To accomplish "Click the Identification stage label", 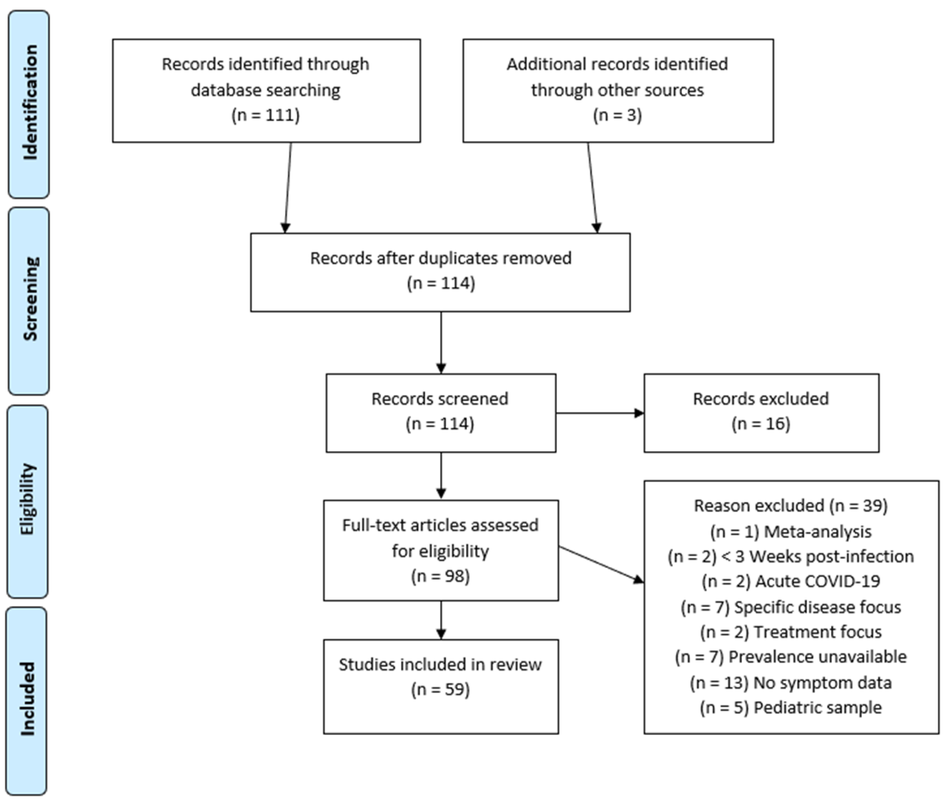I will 29,103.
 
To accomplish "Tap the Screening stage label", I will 29,299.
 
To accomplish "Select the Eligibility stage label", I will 27,499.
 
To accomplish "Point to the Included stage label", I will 27,699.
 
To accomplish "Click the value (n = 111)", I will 265,115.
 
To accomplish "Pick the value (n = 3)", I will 617,115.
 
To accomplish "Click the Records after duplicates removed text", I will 440,258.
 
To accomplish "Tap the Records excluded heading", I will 761,399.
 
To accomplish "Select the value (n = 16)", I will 761,424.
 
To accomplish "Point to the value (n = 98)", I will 440,576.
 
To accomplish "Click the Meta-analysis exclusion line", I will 790,531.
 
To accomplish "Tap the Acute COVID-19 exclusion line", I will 790,581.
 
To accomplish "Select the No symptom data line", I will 790,683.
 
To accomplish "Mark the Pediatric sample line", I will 790,707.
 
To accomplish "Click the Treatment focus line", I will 790,632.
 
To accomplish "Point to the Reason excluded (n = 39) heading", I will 790,506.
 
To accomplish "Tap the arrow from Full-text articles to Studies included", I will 441,620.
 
